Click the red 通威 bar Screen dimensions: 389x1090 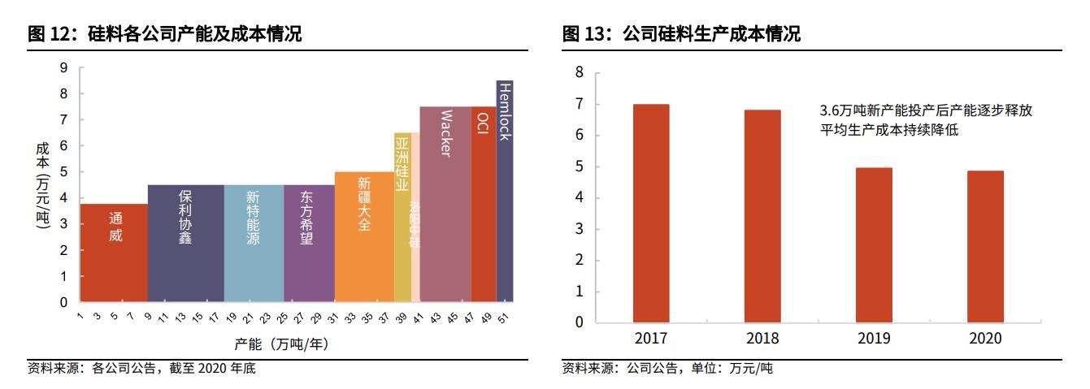pyautogui.click(x=114, y=253)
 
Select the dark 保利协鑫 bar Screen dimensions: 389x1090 pyautogui.click(x=185, y=244)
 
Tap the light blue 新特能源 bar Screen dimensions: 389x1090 pyautogui.click(x=254, y=244)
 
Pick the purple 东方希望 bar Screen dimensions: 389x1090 pyautogui.click(x=309, y=244)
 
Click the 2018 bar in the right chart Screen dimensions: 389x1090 pyautogui.click(x=762, y=216)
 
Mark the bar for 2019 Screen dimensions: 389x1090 pyautogui.click(x=874, y=244)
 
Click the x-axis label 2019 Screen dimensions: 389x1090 pyautogui.click(x=874, y=339)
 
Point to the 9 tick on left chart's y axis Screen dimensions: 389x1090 pyautogui.click(x=63, y=68)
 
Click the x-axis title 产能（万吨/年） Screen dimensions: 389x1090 pyautogui.click(x=280, y=344)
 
